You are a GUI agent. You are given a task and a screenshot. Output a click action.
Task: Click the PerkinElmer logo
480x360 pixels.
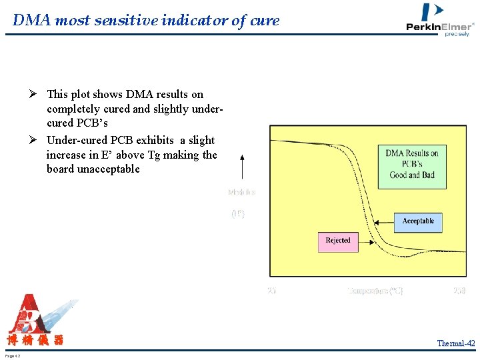click(x=440, y=20)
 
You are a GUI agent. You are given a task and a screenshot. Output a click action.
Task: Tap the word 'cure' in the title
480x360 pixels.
click(x=265, y=21)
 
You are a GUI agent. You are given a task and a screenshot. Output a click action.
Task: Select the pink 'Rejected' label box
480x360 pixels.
click(x=338, y=241)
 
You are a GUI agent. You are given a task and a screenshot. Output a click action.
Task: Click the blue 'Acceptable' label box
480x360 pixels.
click(x=418, y=222)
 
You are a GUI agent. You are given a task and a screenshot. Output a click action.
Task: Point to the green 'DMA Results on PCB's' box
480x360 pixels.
click(x=412, y=165)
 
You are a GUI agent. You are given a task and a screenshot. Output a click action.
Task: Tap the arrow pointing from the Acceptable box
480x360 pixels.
click(x=384, y=222)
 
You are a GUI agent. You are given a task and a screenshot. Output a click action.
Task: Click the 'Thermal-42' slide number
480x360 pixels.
click(x=456, y=343)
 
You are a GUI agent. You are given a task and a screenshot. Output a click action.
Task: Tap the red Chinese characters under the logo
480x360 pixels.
click(x=35, y=341)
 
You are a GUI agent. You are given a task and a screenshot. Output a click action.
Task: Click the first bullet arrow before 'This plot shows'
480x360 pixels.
click(x=39, y=95)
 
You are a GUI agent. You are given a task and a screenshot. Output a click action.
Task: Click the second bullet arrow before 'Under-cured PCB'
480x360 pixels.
click(x=39, y=140)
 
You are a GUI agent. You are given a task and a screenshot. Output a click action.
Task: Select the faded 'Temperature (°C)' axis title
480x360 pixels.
click(x=375, y=291)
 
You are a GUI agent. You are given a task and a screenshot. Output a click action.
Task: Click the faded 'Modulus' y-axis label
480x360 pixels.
click(x=241, y=192)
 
